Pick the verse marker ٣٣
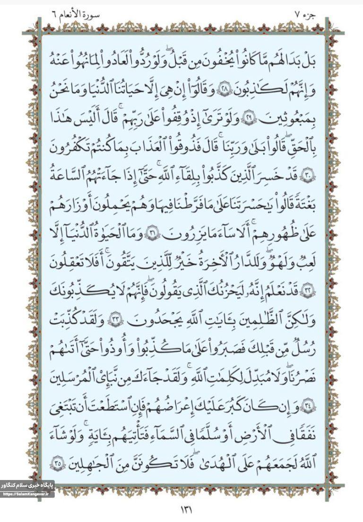(x=115, y=320)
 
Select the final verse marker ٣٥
(x=58, y=462)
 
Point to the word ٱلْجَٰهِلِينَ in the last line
(x=93, y=462)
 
